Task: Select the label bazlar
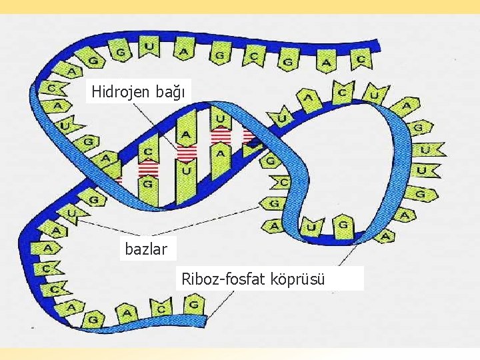(148, 249)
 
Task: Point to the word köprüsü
(297, 279)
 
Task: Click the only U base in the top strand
(149, 47)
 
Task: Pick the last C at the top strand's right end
(361, 59)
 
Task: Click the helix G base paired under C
(148, 182)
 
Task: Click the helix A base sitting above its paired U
(186, 135)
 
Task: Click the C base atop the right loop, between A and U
(343, 91)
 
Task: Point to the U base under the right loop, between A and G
(311, 227)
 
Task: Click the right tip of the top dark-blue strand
(377, 45)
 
